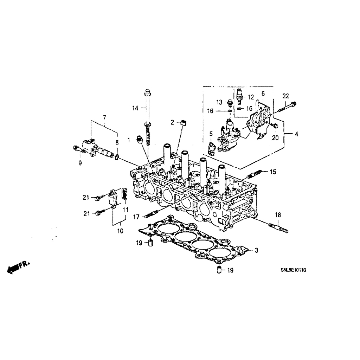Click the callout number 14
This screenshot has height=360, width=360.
tap(135, 108)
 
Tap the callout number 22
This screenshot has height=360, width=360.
tap(285, 96)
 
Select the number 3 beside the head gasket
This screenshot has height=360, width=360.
tap(256, 250)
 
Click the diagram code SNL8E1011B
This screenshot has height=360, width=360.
tap(293, 270)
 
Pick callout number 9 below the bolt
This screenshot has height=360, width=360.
tap(80, 163)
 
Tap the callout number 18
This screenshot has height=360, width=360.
tap(278, 215)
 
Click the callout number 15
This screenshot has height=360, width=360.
tap(273, 172)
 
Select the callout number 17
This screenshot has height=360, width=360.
tap(136, 217)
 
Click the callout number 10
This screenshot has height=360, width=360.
tap(120, 231)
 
